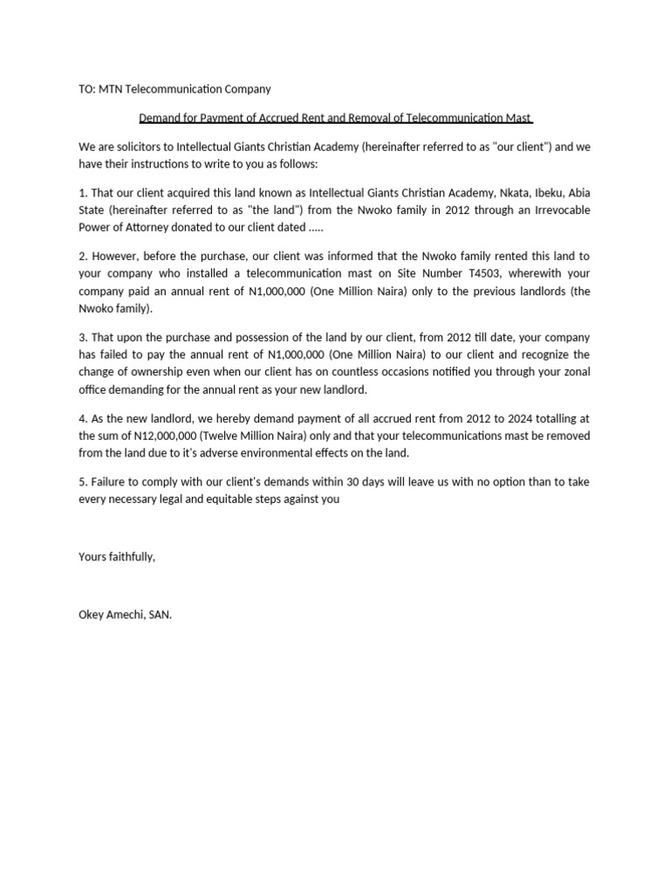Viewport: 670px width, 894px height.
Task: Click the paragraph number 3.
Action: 82,337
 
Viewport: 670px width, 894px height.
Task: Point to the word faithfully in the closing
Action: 131,557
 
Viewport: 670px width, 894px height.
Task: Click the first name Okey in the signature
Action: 92,615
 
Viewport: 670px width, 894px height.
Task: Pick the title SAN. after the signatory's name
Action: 161,615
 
